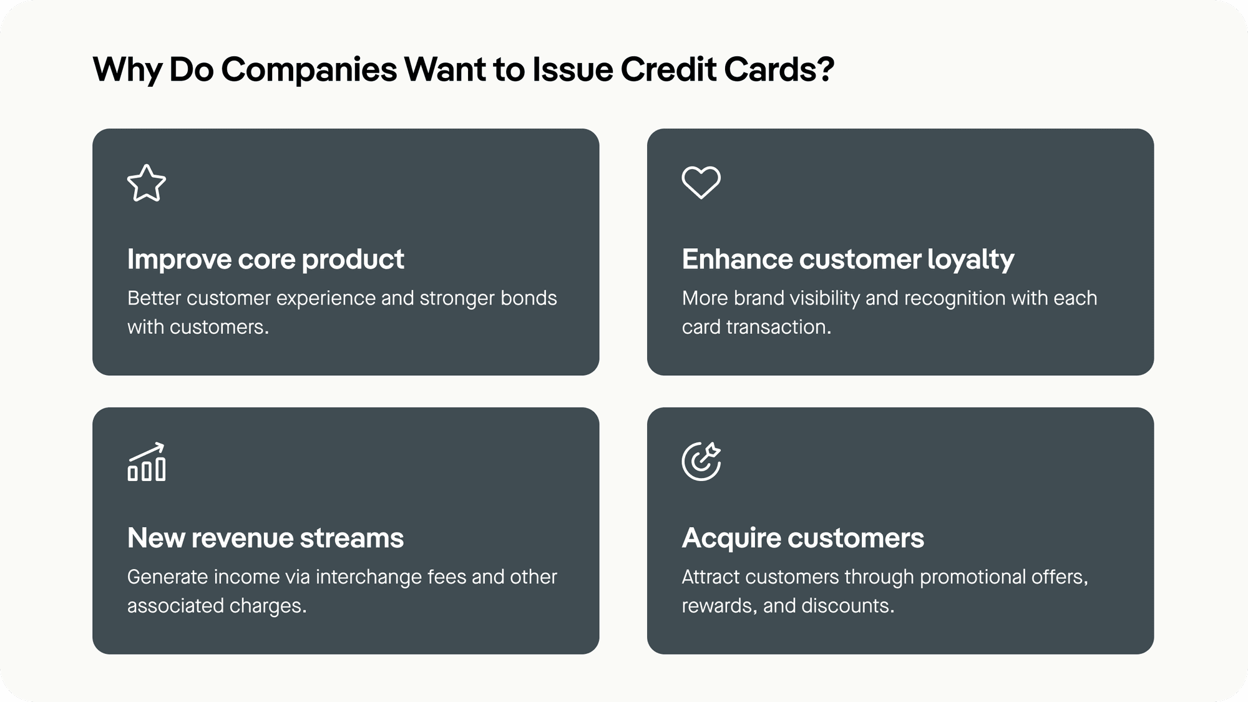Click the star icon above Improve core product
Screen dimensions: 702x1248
coord(147,183)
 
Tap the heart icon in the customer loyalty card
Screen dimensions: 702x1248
coord(701,182)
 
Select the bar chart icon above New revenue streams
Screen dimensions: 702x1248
coord(147,462)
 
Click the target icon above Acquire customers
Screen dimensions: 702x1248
coord(701,462)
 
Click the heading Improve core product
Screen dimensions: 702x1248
coord(265,259)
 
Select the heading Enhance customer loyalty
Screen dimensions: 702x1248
coord(847,259)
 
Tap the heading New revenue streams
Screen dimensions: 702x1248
coord(265,538)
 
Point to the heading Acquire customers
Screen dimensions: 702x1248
coord(802,538)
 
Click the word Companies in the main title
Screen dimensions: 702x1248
coord(309,69)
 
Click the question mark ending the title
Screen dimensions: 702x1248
coord(827,69)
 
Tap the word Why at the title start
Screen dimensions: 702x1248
coord(127,69)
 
